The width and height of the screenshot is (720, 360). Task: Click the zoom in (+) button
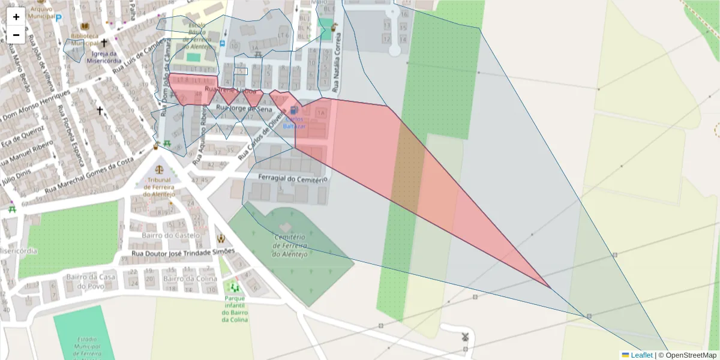(16, 17)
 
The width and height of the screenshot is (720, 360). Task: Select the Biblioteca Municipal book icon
(84, 27)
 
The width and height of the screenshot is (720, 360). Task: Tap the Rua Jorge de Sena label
(244, 109)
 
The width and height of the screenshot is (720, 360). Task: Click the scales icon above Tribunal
(160, 169)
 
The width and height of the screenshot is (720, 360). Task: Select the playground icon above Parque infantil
(234, 288)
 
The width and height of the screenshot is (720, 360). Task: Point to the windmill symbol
(464, 337)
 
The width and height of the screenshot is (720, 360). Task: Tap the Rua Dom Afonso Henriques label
(36, 107)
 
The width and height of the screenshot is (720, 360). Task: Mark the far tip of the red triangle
(551, 288)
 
